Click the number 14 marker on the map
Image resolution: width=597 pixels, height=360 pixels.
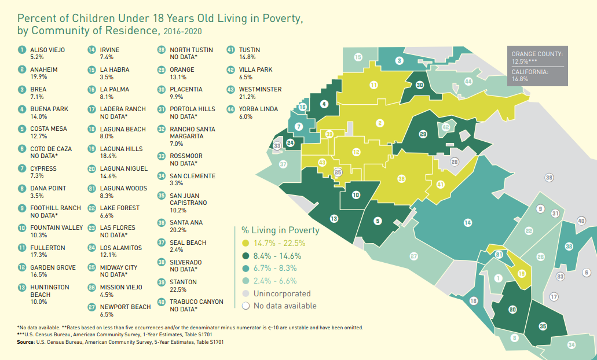point(468,223)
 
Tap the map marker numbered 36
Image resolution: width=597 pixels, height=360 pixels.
point(401,178)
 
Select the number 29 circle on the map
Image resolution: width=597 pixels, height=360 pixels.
point(423,134)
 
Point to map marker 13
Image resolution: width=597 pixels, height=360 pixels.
point(334,218)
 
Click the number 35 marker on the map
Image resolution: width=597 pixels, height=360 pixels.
point(543,326)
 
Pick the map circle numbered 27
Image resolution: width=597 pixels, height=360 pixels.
point(414,256)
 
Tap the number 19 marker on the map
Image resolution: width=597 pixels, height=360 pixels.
point(522,273)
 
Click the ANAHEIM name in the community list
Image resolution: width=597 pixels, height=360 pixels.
point(44,69)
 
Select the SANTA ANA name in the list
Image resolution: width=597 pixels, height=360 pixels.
point(186,222)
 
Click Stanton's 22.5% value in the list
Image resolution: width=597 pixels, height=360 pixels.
point(178,289)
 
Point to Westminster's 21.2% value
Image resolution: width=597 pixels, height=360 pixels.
point(247,97)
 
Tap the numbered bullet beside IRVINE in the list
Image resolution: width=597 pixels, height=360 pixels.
point(91,49)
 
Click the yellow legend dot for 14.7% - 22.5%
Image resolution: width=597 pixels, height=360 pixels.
point(246,243)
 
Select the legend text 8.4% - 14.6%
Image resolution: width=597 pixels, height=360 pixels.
point(277,256)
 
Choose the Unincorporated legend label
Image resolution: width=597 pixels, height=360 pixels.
point(282,293)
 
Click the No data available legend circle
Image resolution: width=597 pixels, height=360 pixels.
point(246,306)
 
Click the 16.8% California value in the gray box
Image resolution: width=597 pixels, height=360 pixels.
point(520,79)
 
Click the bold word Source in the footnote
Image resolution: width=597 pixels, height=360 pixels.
point(25,342)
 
